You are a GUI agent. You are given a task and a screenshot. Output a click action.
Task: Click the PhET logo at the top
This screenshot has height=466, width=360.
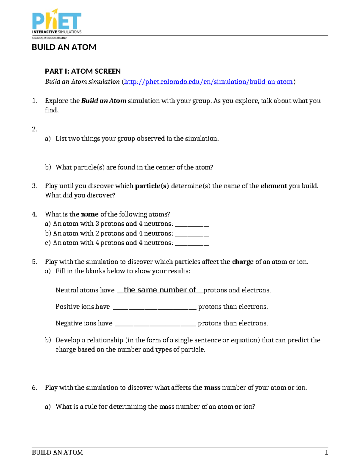[x=57, y=23]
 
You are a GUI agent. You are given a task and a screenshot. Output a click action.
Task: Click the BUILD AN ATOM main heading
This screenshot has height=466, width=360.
[x=64, y=47]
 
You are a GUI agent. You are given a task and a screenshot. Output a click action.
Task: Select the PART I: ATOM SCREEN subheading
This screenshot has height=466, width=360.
[x=83, y=71]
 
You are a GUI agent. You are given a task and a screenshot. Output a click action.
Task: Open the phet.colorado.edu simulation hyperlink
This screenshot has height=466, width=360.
[x=208, y=82]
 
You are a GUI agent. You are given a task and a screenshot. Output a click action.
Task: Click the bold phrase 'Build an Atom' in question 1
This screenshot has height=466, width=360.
[x=104, y=101]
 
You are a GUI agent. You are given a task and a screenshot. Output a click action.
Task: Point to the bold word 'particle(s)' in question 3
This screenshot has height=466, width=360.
[x=152, y=186]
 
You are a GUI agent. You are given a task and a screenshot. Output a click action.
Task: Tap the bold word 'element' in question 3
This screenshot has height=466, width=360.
[x=274, y=186]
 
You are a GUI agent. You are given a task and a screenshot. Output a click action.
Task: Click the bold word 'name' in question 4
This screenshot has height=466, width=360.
[x=90, y=214]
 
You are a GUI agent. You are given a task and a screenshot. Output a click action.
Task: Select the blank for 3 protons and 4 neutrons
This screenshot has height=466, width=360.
[x=192, y=224]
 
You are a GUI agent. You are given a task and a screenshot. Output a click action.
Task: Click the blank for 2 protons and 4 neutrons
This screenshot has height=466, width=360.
[x=192, y=234]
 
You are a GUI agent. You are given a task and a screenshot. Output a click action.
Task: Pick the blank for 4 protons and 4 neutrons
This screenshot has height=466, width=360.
[x=192, y=243]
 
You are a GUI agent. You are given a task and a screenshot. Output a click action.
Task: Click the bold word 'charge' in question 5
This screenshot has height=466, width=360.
[x=243, y=262]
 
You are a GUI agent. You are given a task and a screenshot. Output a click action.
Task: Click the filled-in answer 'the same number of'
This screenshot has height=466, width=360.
[x=160, y=290]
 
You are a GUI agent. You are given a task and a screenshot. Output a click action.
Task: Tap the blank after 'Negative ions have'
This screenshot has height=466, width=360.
[x=156, y=324]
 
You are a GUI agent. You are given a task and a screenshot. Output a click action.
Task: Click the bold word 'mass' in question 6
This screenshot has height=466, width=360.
[x=212, y=388]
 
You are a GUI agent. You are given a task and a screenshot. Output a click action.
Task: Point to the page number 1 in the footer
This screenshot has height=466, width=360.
[x=326, y=452]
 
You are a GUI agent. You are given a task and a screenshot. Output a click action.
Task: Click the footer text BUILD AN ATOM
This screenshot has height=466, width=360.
[x=57, y=452]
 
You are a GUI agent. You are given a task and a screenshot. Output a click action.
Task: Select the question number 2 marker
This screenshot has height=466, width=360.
[x=34, y=129]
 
